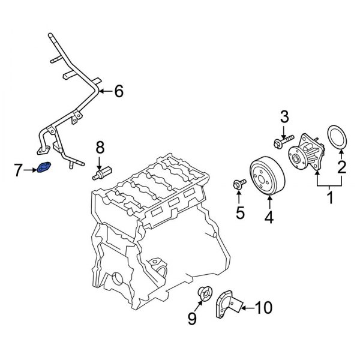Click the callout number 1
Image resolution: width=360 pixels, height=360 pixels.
pos(329,197)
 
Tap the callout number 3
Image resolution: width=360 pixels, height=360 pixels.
pos(285,116)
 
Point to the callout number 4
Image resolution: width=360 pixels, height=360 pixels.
pos(269,219)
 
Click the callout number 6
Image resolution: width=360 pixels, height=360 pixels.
pos(118,91)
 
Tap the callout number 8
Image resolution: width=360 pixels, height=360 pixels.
pos(100,146)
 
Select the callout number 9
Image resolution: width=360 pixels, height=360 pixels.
pos(191,318)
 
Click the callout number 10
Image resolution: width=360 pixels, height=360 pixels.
pos(264,308)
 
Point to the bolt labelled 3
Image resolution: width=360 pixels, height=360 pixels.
pos(281,143)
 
